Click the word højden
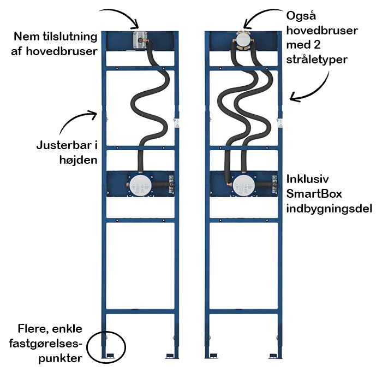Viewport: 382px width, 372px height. (x=71, y=162)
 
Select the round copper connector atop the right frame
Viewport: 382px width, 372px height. (x=243, y=40)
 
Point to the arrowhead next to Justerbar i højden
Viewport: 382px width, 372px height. (x=94, y=114)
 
